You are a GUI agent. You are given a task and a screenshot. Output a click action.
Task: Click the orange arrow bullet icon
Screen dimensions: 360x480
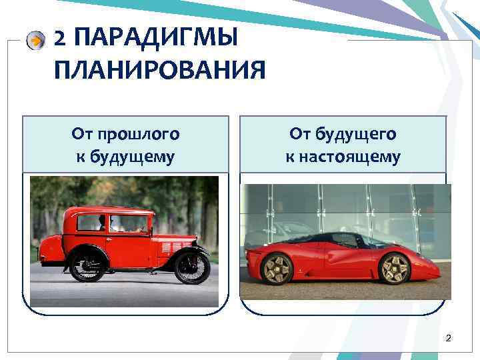click(35, 41)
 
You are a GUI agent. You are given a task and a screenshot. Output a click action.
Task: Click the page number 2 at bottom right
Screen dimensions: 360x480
click(448, 339)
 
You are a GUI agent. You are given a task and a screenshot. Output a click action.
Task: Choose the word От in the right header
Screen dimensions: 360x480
click(299, 135)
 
